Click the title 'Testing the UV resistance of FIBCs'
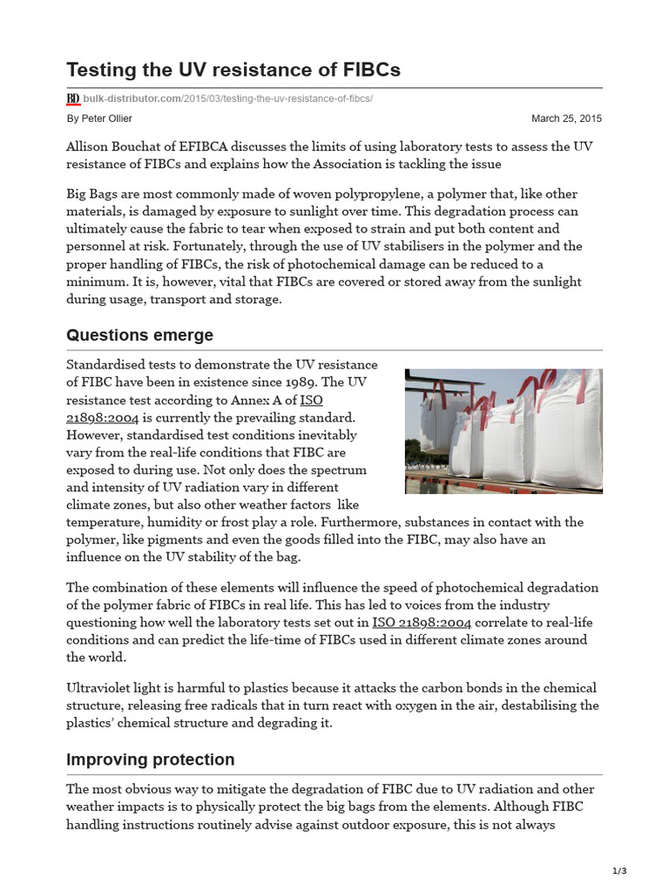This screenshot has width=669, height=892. (233, 71)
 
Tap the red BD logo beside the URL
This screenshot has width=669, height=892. (73, 98)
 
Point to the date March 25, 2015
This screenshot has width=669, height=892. (566, 118)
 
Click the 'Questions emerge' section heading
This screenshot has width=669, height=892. (139, 335)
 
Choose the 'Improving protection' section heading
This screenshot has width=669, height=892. (150, 760)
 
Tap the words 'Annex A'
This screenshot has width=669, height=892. (247, 400)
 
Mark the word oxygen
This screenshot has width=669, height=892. (444, 706)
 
